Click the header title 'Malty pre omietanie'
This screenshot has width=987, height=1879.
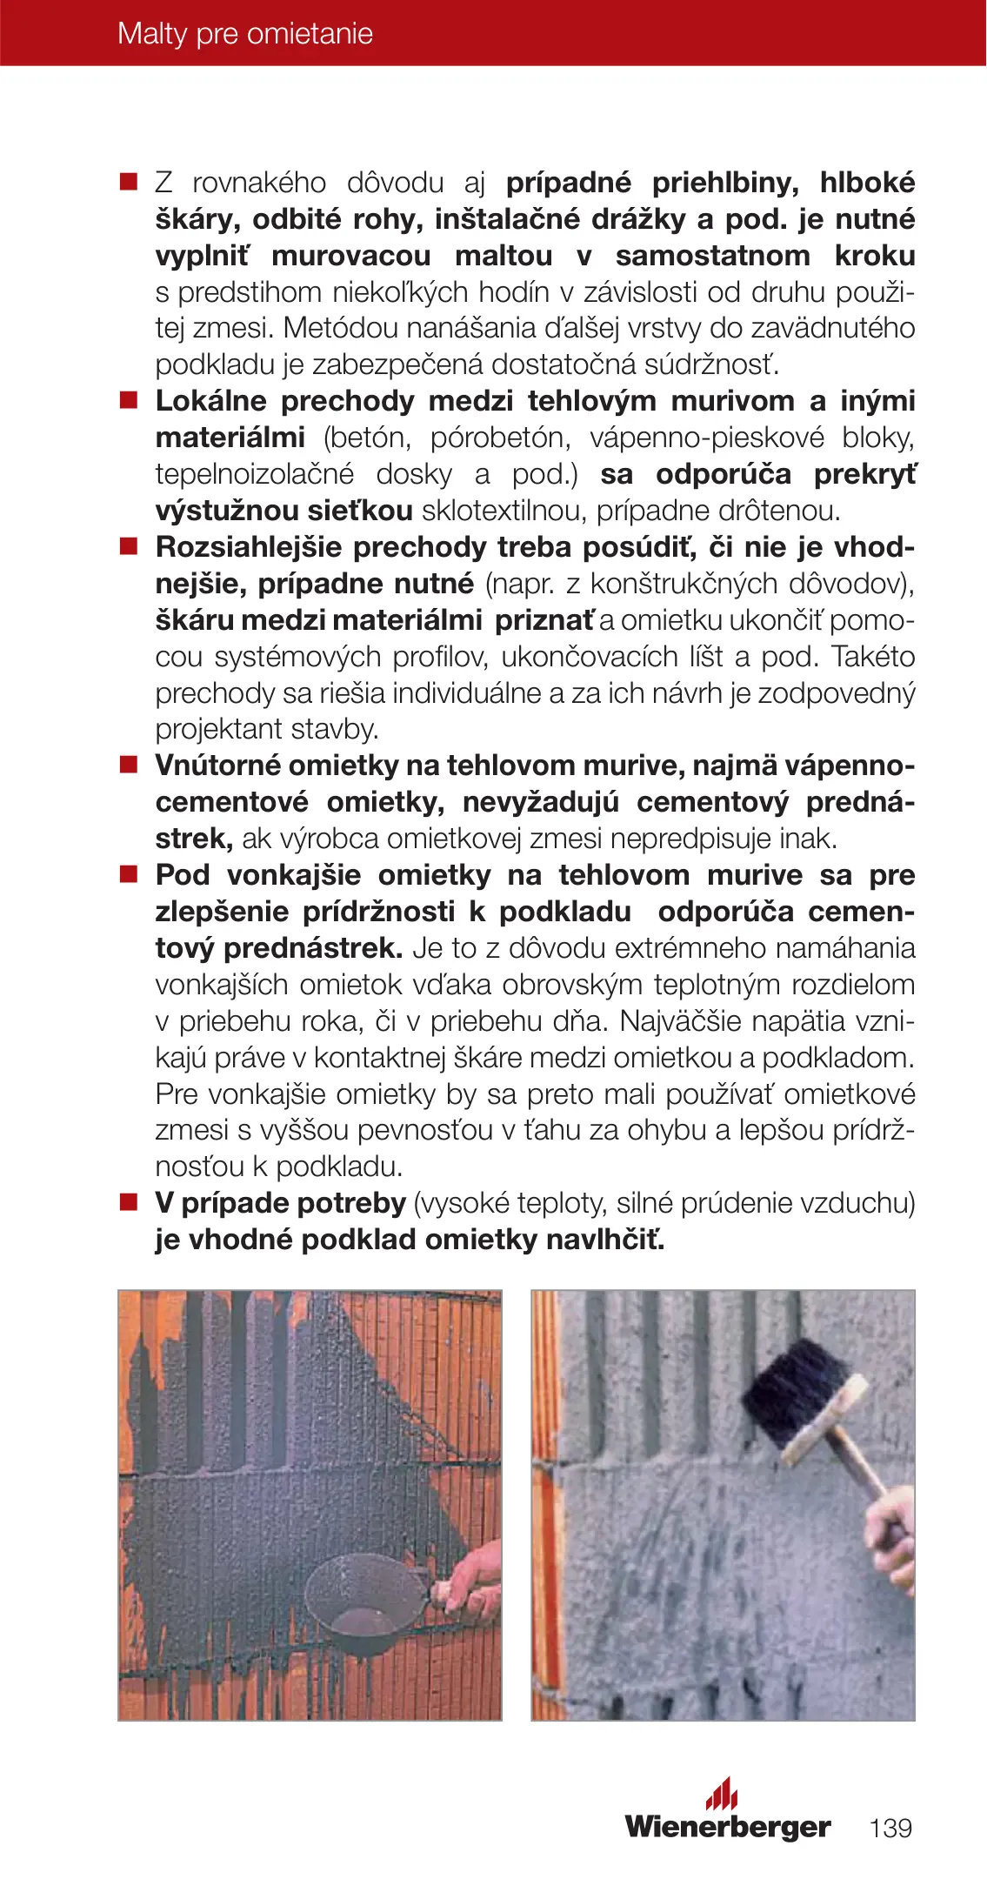pos(245,34)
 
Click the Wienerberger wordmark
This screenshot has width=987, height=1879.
pos(728,1826)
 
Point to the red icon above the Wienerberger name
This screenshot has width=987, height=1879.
pos(722,1794)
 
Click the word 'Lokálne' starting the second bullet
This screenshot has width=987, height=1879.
pos(211,401)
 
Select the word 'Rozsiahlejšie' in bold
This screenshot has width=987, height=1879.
pos(249,547)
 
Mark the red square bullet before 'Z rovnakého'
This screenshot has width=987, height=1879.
pos(129,183)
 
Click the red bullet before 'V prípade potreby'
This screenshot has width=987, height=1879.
pos(129,1203)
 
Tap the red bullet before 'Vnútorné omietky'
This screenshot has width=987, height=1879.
pos(129,766)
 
